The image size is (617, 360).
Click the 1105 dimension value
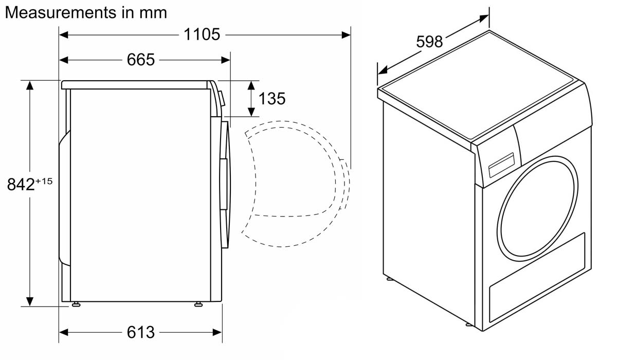(202, 34)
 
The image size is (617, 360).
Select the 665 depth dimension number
(141, 60)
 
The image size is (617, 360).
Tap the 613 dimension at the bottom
(141, 332)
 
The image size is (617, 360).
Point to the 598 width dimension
(429, 42)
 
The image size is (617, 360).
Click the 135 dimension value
(272, 98)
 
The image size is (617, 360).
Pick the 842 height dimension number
(21, 184)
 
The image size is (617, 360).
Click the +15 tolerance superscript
(44, 181)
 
